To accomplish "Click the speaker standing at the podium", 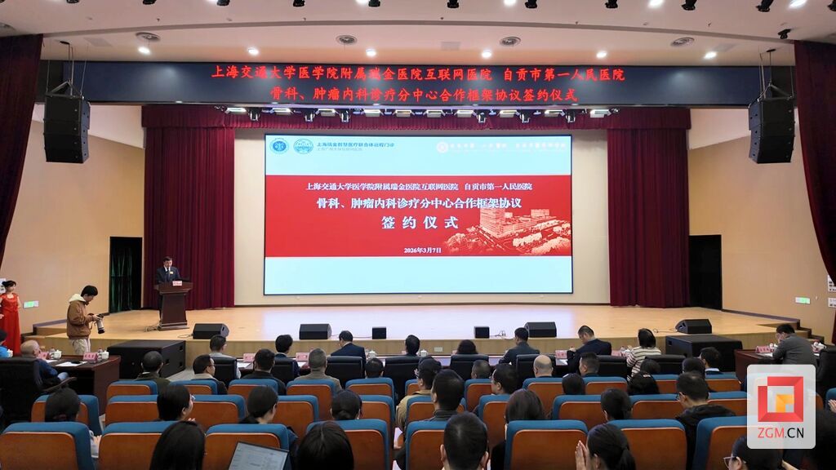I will (x=167, y=271).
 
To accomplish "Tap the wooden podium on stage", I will (x=173, y=304).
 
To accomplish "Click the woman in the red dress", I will (x=10, y=314).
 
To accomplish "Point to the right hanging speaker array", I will (x=771, y=130).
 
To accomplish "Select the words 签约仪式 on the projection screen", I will (x=416, y=223).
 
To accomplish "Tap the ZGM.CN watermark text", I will (x=780, y=433).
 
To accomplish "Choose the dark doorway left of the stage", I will (x=126, y=274).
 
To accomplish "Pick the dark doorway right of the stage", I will (x=705, y=272).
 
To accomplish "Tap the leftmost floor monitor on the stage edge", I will (x=210, y=330).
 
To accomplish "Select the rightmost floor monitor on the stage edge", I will (x=693, y=326).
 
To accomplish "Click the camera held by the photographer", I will (x=99, y=325).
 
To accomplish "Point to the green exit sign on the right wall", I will (x=802, y=300).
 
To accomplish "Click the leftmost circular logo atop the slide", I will (x=280, y=146).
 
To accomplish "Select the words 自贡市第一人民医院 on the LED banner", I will (x=564, y=74).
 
